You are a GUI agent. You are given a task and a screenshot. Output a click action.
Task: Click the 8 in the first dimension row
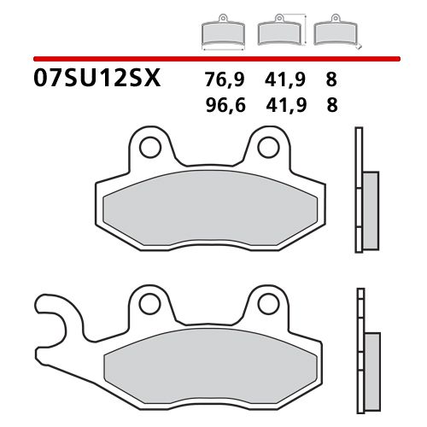(x=331, y=81)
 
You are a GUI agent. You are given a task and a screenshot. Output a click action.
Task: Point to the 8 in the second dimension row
(x=331, y=107)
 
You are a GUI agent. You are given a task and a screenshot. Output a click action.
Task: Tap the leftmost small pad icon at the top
(x=222, y=34)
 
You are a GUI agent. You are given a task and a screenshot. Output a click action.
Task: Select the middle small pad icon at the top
(x=278, y=32)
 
